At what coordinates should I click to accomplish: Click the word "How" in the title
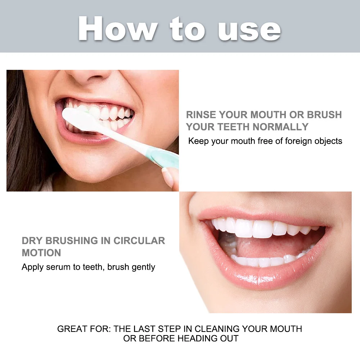tap(118, 29)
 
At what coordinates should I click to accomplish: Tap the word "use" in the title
tap(249, 31)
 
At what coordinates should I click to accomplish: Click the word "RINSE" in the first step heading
tap(201, 114)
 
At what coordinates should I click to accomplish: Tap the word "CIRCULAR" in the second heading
tap(139, 240)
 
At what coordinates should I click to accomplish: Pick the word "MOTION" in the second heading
tap(41, 253)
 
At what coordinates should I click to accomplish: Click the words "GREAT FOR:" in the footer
tap(84, 329)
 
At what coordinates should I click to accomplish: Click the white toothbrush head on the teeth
tap(79, 119)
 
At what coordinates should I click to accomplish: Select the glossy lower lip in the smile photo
tap(264, 274)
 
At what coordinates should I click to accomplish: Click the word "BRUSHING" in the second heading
tap(72, 240)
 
